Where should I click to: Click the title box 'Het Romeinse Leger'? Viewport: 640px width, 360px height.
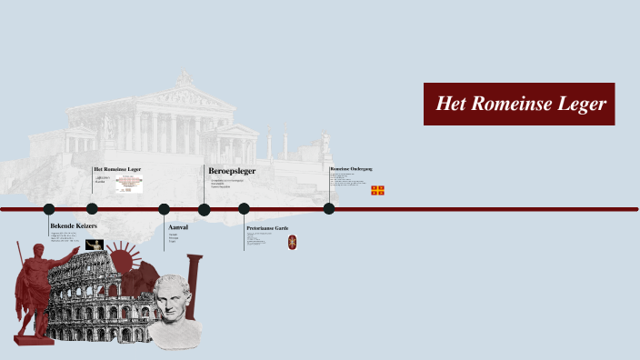(519, 105)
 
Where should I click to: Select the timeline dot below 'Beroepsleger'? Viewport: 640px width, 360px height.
(205, 209)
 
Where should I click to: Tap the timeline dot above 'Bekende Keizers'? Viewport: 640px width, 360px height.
(49, 209)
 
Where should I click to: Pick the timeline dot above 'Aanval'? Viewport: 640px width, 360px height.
(165, 209)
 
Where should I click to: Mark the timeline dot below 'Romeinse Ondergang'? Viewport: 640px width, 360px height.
(329, 209)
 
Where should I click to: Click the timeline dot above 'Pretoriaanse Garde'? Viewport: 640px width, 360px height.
(245, 209)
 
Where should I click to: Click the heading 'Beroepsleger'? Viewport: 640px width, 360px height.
(232, 171)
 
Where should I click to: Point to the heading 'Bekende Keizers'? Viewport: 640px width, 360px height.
(74, 225)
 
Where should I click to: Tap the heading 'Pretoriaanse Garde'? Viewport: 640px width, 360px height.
(267, 228)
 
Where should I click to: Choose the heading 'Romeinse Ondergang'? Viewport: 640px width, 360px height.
(351, 169)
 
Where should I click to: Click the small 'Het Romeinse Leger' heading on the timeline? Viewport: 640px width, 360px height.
(117, 169)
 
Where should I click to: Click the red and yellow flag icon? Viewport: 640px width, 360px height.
(377, 190)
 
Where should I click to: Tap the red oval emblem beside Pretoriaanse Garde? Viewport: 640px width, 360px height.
(293, 242)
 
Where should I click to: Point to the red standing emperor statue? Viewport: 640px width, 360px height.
(35, 291)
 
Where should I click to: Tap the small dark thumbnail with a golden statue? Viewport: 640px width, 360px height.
(95, 245)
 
